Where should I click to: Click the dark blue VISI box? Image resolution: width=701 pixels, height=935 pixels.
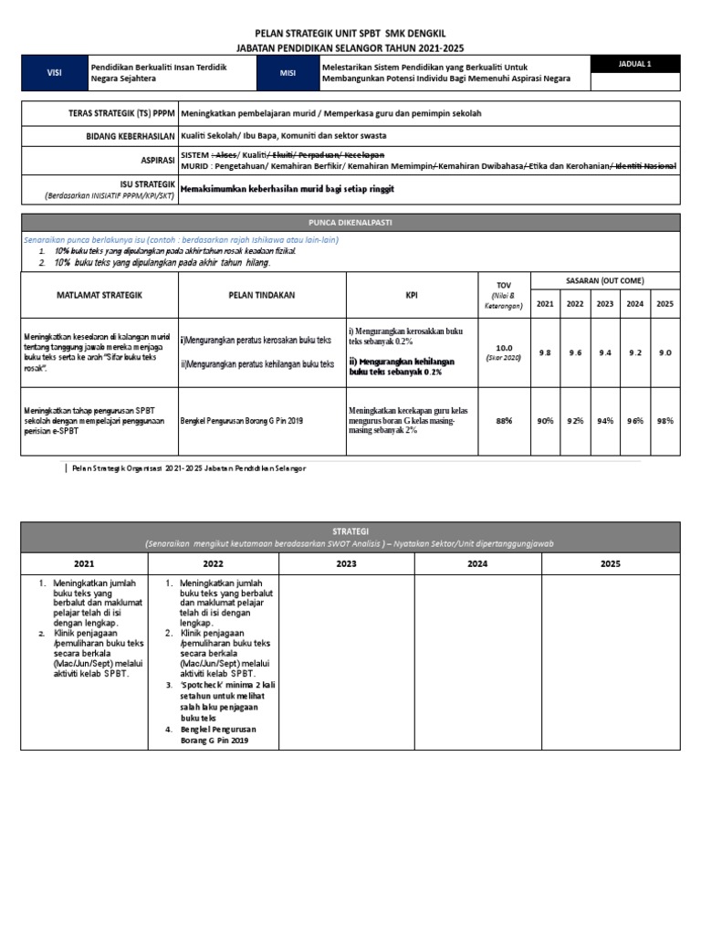[x=54, y=73]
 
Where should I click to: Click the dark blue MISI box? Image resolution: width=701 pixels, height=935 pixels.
[x=288, y=73]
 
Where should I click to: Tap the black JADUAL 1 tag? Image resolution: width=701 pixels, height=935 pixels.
[x=635, y=63]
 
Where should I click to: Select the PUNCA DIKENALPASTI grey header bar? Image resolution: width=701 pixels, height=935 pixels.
[x=350, y=222]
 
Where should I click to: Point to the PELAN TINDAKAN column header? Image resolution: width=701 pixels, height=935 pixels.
[x=259, y=295]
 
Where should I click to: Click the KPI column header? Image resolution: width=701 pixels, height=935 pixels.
[x=412, y=295]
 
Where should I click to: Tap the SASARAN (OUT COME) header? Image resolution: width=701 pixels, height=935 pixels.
[x=605, y=280]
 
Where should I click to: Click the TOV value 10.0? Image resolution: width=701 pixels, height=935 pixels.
[x=504, y=348]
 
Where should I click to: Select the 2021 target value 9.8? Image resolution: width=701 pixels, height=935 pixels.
[x=544, y=352]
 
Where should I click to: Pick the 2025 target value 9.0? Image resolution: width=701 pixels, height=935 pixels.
[x=664, y=352]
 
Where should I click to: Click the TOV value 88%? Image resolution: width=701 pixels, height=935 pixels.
[x=504, y=420]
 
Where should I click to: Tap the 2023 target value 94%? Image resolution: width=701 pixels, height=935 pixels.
[x=604, y=420]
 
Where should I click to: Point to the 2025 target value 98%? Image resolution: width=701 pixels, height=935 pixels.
[x=664, y=420]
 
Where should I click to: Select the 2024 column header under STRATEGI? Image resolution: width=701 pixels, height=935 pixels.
[x=478, y=563]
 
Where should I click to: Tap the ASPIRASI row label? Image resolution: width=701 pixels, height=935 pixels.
[x=154, y=158]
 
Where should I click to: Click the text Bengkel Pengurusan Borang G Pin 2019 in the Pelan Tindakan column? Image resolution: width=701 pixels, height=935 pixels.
[x=241, y=420]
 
